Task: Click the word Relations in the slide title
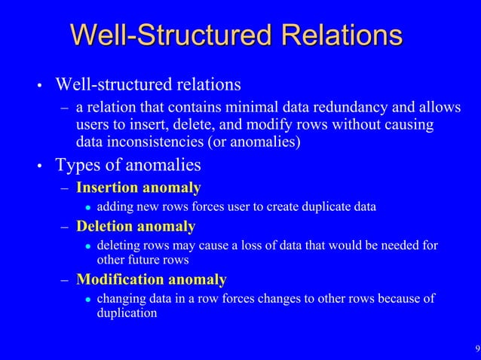point(339,35)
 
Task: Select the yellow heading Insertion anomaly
point(139,188)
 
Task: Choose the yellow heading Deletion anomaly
point(136,227)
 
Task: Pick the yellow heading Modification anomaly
point(151,280)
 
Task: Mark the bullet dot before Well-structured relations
point(38,84)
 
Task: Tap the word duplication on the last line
point(127,314)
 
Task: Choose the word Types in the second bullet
point(78,163)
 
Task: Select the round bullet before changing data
point(87,300)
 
